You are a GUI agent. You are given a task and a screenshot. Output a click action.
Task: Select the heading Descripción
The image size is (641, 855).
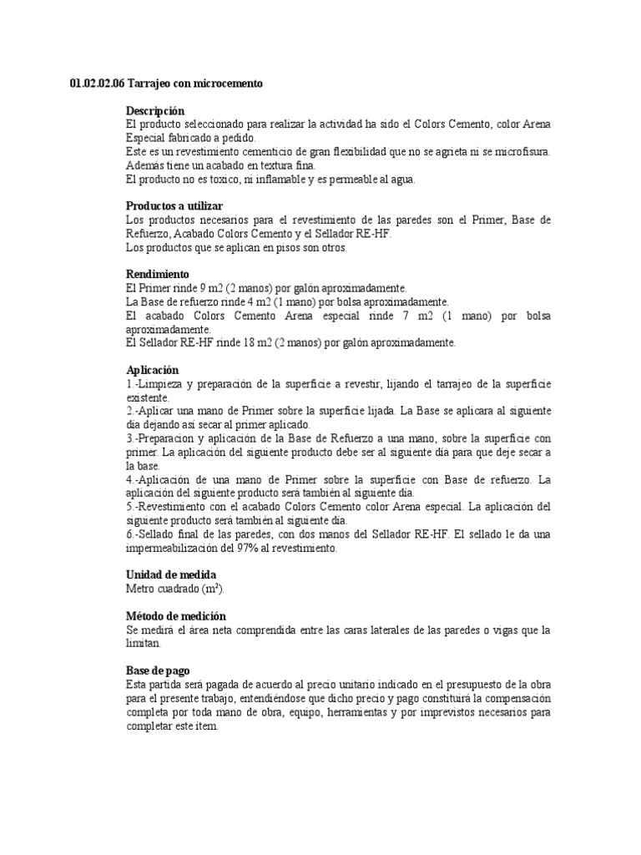[x=154, y=111]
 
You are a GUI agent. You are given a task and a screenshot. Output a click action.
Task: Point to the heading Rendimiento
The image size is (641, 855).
[x=158, y=274]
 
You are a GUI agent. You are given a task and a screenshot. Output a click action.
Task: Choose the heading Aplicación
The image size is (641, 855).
[x=152, y=369]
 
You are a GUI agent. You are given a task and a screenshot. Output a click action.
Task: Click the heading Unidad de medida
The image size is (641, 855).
[x=170, y=574]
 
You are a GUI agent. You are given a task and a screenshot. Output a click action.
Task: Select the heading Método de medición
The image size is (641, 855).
[x=175, y=615]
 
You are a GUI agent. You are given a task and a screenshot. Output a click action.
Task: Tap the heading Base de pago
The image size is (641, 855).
[x=158, y=670]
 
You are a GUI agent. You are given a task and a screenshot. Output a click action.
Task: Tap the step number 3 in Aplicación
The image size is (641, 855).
[x=129, y=438]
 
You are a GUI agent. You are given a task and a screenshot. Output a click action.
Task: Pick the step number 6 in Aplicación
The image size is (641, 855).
[x=129, y=534]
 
